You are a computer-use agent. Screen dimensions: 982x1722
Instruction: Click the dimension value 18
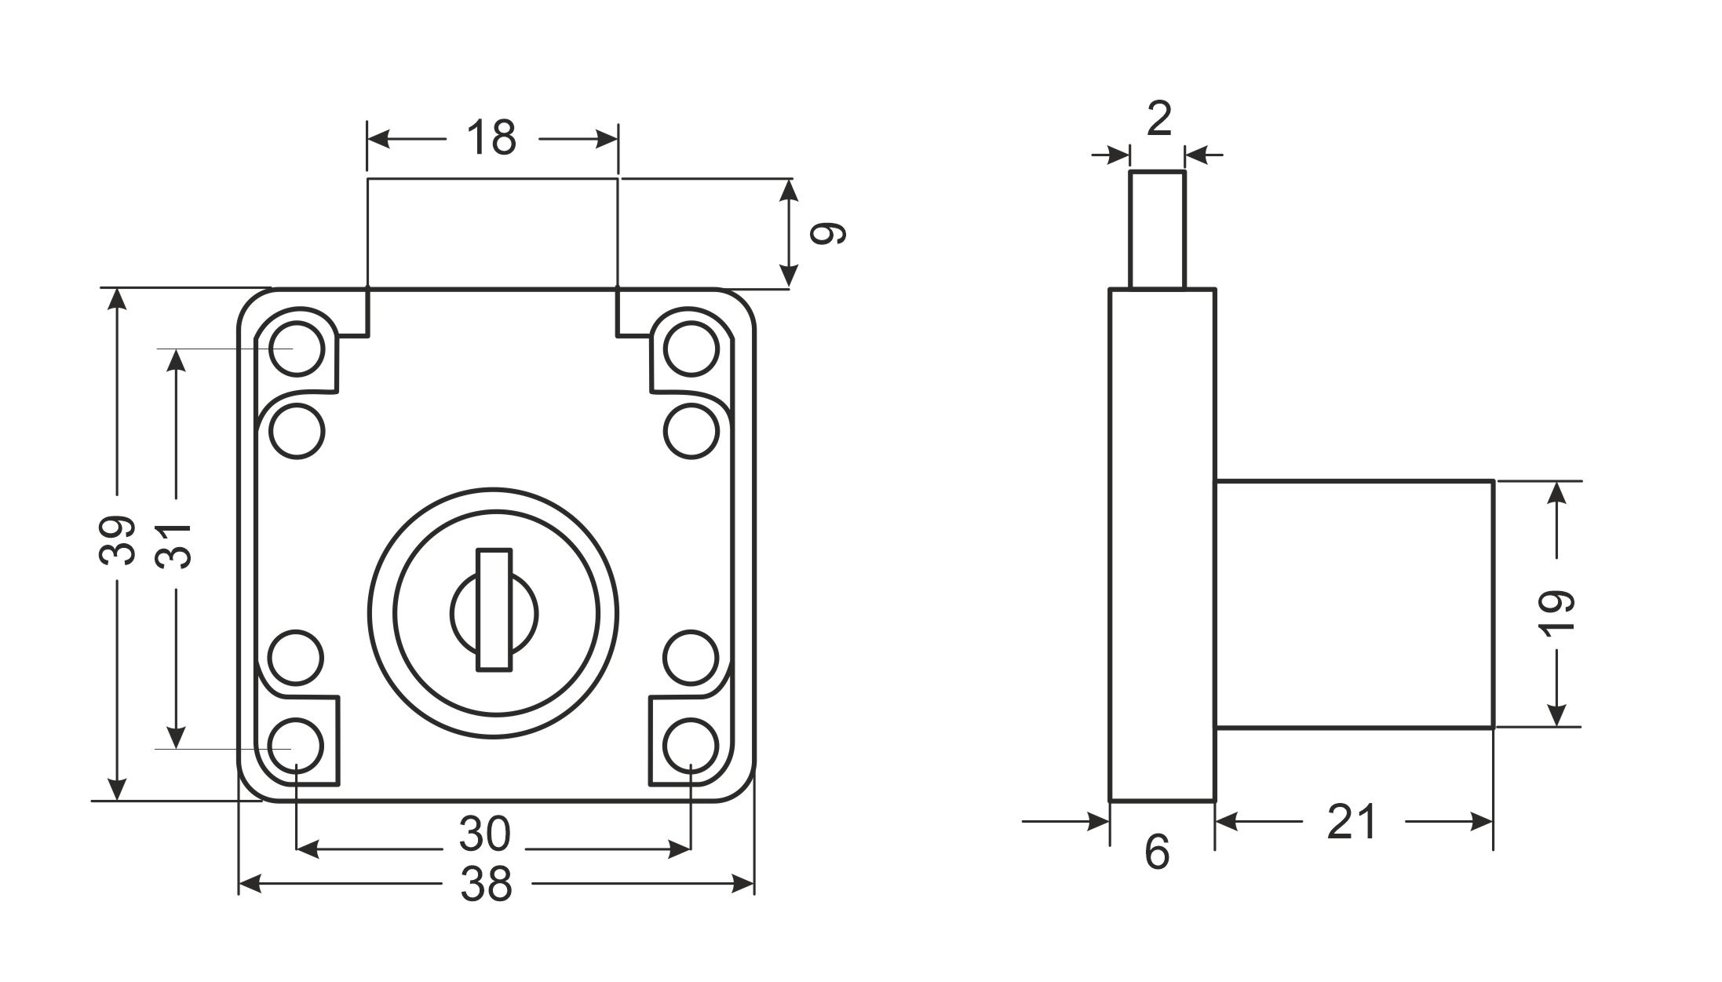pos(491,138)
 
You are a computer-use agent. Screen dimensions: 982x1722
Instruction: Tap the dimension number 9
pos(828,233)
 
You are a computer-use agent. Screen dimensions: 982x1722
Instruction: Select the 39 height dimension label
pos(117,541)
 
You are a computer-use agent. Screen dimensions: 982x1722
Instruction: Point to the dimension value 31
pos(174,544)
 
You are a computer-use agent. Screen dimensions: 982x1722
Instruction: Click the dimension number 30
pos(485,834)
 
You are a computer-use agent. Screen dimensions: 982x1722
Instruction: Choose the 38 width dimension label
pos(487,884)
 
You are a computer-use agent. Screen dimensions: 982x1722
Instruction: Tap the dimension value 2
pos(1158,119)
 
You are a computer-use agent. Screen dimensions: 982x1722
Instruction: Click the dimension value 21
pos(1352,822)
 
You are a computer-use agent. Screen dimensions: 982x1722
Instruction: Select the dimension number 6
pos(1158,852)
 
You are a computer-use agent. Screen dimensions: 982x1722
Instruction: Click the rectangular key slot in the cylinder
pos(494,610)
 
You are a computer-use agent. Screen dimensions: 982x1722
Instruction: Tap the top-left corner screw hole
pos(296,348)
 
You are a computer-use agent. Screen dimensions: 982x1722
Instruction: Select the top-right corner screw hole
pos(691,348)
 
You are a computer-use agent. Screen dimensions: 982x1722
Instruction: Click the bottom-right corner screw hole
pos(691,745)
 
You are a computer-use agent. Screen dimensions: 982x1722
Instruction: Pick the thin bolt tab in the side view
pos(1157,229)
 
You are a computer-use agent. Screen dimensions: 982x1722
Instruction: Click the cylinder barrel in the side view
pos(1353,604)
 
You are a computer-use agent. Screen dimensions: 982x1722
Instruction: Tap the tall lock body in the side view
pos(1162,545)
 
